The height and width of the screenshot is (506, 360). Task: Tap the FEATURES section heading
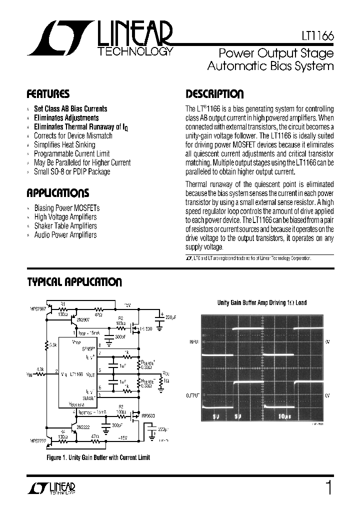48,94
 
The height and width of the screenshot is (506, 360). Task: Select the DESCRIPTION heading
214,94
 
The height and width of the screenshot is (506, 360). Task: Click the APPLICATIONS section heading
57,193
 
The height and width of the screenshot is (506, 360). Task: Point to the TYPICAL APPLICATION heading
74,282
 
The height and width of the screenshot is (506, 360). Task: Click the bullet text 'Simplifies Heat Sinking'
64,144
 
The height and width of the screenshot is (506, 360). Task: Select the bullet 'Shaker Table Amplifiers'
65,226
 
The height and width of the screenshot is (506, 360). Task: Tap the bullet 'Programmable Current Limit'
71,153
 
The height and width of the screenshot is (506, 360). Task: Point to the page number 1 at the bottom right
328,487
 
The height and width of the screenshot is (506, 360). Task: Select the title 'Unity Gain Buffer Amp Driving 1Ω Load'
261,302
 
